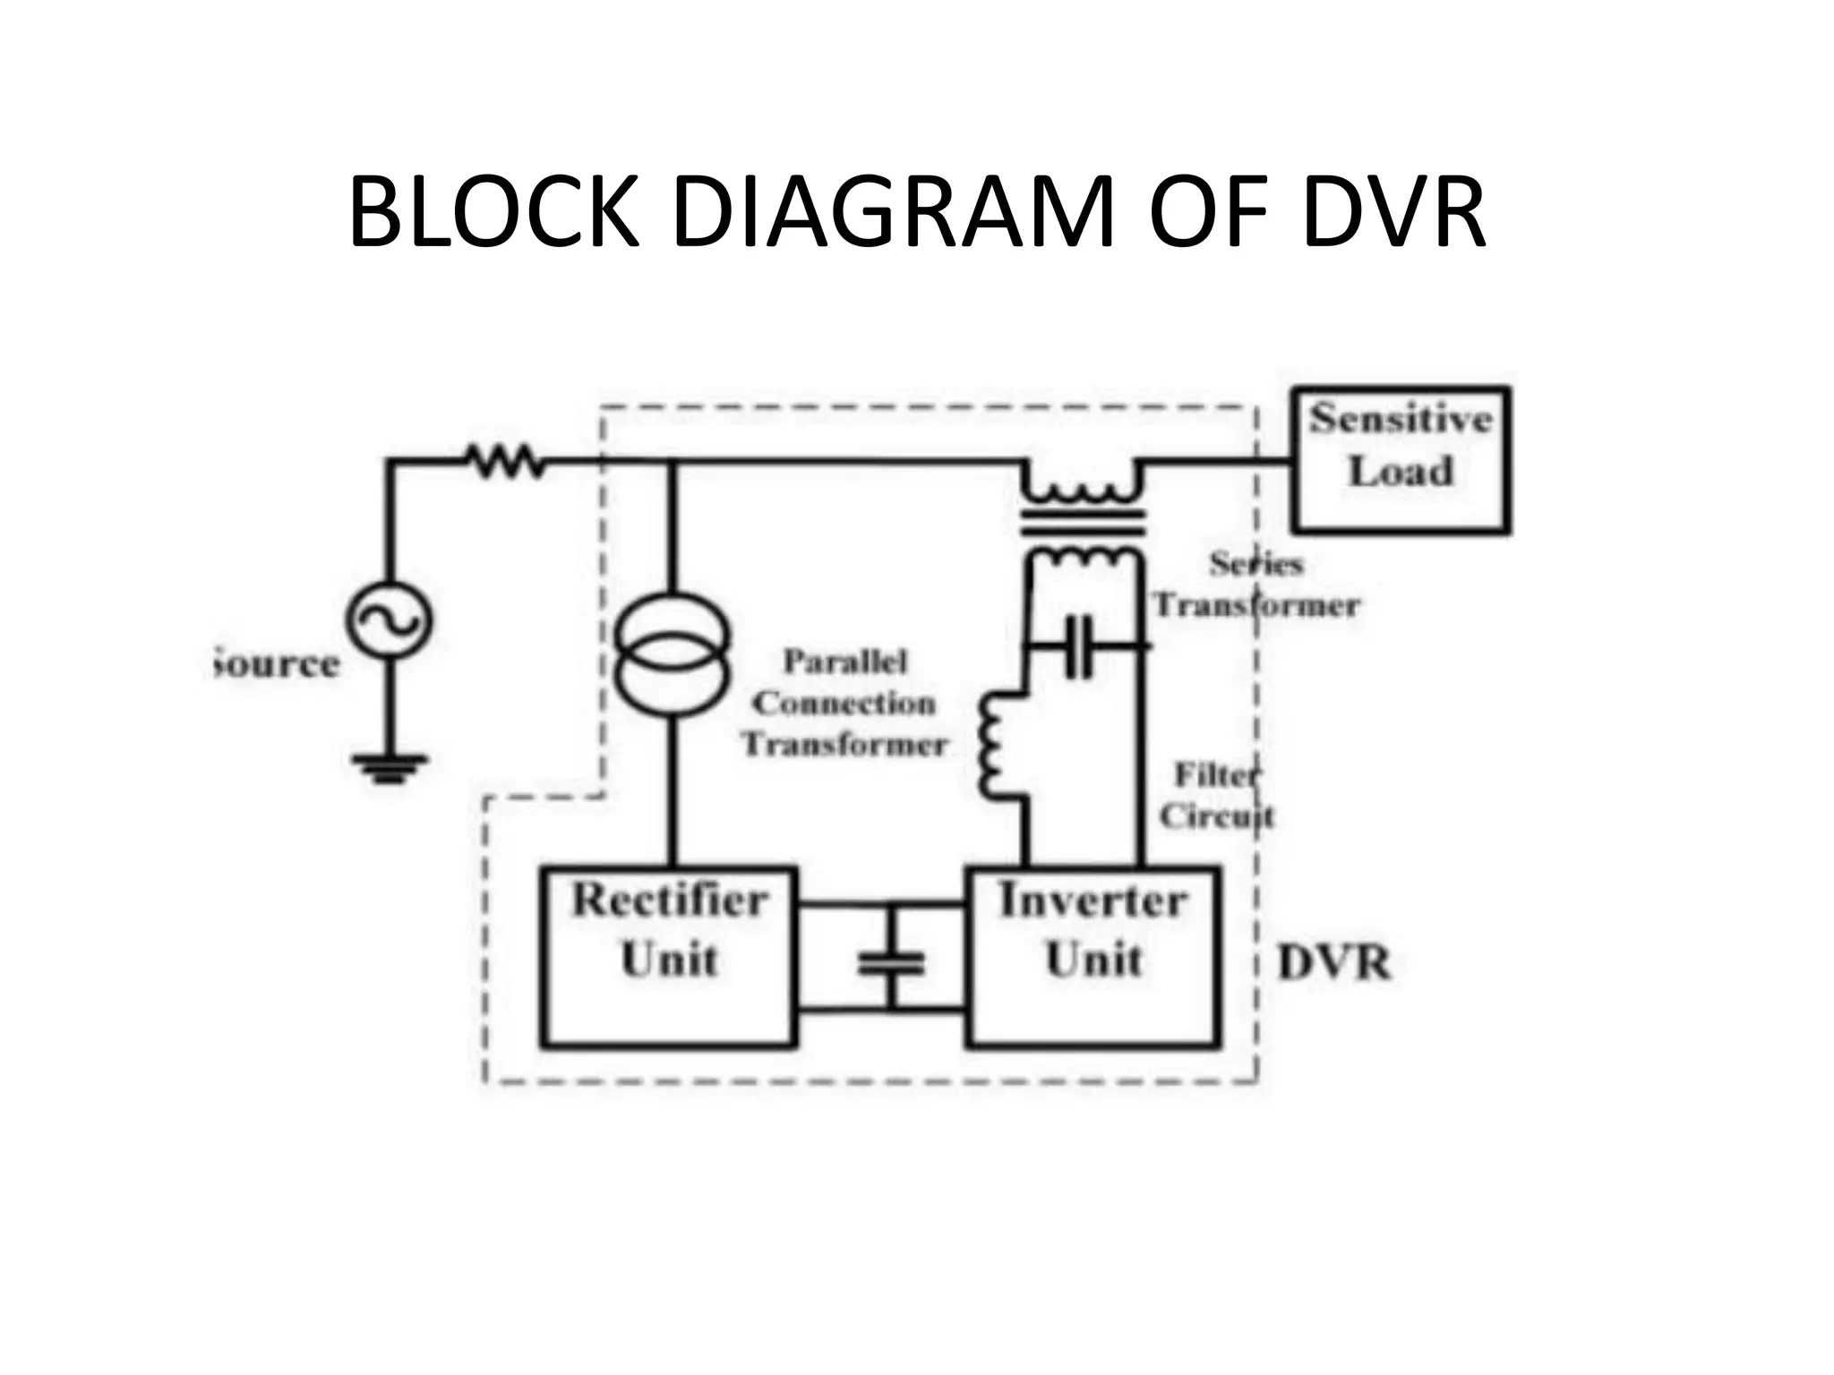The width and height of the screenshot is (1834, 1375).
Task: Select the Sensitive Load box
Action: (1401, 459)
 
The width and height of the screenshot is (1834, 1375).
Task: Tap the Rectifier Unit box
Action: (668, 955)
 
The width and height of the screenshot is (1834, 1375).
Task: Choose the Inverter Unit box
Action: (1093, 955)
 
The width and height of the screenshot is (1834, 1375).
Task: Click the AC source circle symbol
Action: (389, 620)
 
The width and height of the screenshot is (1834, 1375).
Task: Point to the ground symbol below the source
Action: (389, 768)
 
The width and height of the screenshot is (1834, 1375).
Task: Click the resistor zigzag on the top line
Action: (504, 462)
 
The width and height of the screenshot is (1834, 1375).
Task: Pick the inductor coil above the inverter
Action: (994, 745)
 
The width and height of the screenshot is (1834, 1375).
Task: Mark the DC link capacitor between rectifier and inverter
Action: (890, 962)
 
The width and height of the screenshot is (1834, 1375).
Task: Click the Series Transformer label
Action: (1256, 585)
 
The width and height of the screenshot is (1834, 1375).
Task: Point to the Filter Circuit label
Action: (1216, 795)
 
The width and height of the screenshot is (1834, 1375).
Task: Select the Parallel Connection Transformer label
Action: (844, 704)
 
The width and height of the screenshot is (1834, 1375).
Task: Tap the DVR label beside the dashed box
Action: (1333, 964)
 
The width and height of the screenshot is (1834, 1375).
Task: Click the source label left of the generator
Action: (278, 664)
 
